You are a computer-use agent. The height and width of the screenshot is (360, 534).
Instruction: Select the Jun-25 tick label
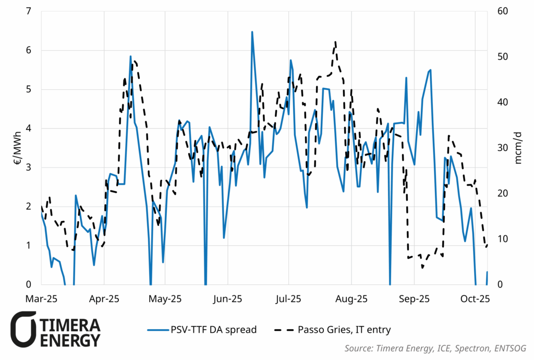point(227,299)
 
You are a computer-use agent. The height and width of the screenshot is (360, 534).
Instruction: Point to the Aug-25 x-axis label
point(351,299)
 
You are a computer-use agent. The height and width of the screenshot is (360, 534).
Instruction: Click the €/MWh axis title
point(17,148)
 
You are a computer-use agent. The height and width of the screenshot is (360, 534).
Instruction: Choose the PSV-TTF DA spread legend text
point(213,330)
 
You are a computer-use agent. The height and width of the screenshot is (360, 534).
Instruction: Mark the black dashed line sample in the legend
point(283,330)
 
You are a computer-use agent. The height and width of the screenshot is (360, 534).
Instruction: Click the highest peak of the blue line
point(252,32)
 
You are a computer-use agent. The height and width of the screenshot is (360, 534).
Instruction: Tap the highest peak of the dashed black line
point(335,42)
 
